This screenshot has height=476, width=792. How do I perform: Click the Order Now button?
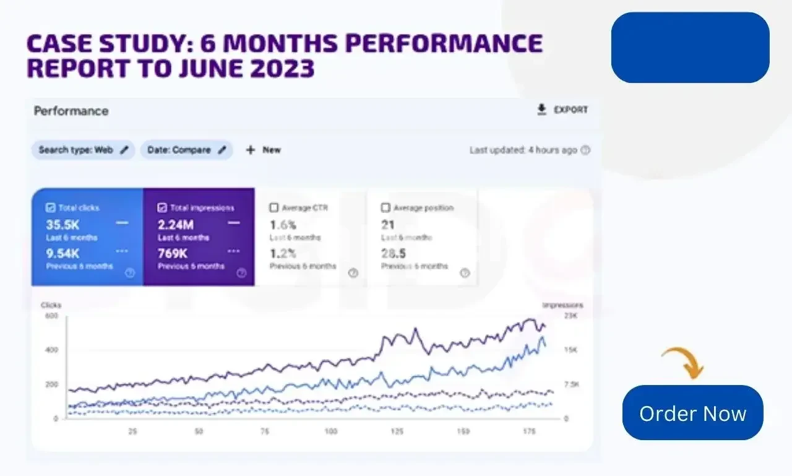coord(692,413)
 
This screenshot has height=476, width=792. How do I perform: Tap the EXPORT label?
coord(570,110)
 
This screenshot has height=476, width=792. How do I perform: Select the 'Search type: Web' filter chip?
coord(75,150)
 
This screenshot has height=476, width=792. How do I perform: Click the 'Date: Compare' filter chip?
coord(179,150)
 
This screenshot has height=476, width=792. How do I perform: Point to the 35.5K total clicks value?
coord(62,225)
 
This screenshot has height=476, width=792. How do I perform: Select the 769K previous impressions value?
coord(173,253)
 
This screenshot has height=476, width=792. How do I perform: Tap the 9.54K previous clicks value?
coord(62,253)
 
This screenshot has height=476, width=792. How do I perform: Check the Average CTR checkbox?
coord(274,208)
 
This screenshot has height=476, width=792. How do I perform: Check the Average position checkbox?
coord(385,208)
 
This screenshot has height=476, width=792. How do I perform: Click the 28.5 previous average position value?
coord(394,253)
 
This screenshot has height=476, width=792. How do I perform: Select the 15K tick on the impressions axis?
coord(571,350)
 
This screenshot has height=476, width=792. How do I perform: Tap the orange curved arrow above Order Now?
coord(682,362)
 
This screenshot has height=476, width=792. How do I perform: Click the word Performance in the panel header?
coord(71,111)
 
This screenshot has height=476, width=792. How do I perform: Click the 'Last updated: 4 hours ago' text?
coord(523,150)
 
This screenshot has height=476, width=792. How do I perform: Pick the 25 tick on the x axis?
coord(132,431)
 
